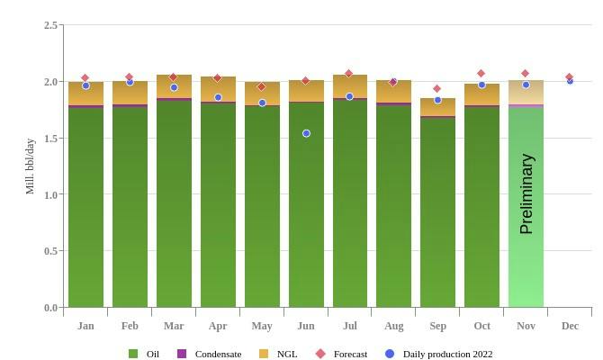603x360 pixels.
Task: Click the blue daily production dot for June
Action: point(306,133)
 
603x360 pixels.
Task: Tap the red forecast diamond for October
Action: point(481,74)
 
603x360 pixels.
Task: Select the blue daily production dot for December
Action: point(570,81)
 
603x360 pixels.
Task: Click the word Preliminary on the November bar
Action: point(526,193)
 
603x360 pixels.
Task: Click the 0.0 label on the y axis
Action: point(51,308)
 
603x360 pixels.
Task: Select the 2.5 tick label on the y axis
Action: point(51,25)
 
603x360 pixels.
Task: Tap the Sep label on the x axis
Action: point(437,326)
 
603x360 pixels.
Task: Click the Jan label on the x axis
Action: point(85,326)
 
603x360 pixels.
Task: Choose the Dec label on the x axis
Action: point(570,326)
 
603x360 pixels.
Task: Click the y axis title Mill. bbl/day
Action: point(30,166)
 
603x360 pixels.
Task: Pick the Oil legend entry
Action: point(144,355)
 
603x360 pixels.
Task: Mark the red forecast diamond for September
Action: point(437,89)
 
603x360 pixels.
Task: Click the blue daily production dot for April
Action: point(218,97)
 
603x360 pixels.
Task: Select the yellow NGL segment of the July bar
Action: point(350,87)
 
